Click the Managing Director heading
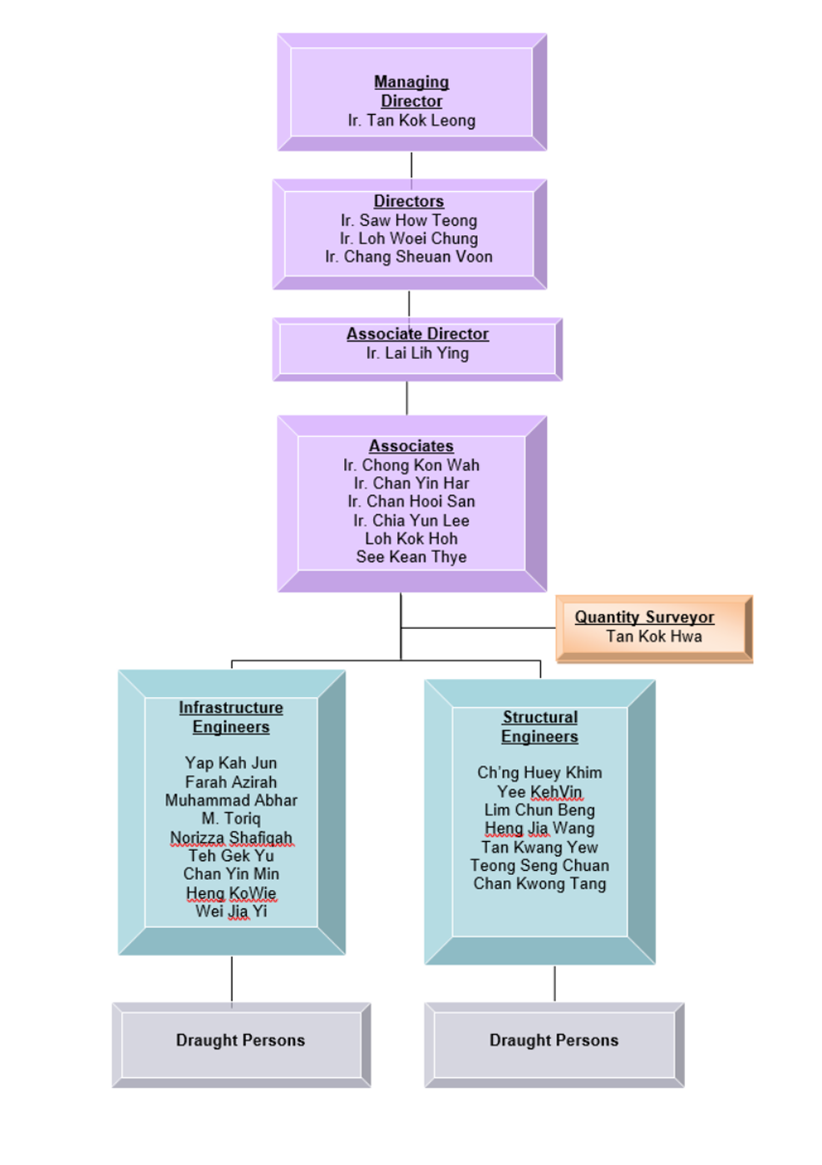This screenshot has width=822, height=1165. point(411,91)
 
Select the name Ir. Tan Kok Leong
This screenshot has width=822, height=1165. point(411,120)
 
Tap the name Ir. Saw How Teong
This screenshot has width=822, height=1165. point(409,220)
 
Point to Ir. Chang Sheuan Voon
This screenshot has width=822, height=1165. point(409,257)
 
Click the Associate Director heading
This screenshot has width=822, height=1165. point(417,334)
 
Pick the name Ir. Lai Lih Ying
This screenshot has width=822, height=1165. point(417,353)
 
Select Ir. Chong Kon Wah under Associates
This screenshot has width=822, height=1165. point(411,465)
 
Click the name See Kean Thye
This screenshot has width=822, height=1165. point(411,557)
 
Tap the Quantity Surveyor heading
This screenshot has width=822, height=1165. point(644,617)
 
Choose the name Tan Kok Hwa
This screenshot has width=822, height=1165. point(653,637)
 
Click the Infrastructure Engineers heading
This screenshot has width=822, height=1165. point(231,717)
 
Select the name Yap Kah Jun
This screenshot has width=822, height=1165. point(231,763)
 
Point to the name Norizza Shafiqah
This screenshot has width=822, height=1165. point(231,838)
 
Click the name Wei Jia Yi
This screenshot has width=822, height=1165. point(231,912)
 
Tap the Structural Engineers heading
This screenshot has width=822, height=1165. point(539,727)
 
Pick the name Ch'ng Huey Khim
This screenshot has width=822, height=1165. point(539,773)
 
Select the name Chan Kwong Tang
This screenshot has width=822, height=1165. point(539,883)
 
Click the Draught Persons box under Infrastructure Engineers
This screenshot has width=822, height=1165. point(241,1041)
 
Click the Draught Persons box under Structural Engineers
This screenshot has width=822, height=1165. point(554,1041)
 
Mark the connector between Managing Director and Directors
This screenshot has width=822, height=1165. point(411,165)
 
